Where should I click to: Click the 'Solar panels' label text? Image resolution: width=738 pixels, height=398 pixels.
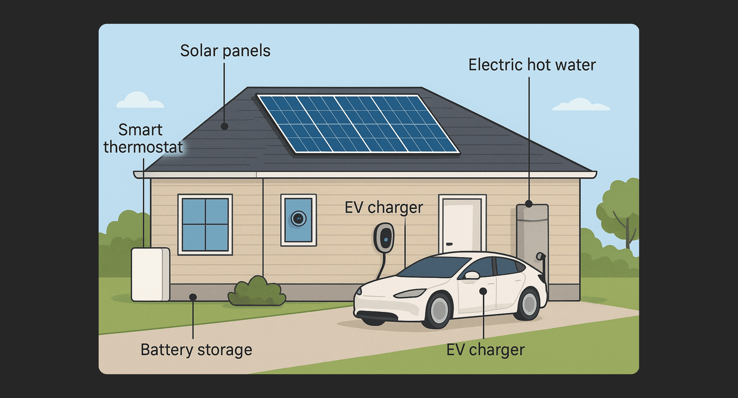(225, 51)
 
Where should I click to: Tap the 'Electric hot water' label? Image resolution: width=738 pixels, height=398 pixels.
(532, 65)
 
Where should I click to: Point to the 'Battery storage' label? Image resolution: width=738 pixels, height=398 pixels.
(196, 350)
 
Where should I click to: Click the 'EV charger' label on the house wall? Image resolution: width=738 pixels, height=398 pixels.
(383, 208)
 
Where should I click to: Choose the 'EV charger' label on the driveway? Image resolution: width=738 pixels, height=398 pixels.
(485, 350)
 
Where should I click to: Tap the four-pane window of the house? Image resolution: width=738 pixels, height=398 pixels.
(205, 224)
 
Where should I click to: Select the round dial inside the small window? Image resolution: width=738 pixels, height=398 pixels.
(298, 219)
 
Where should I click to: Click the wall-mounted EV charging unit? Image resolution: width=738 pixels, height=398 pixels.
(384, 238)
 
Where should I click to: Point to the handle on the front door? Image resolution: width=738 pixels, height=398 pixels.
(449, 244)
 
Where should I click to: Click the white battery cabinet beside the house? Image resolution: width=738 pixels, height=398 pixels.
(150, 275)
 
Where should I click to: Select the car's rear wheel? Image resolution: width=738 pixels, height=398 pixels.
(529, 304)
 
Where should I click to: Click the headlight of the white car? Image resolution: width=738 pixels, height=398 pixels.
(410, 293)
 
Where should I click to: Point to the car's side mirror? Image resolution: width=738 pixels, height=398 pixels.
(472, 275)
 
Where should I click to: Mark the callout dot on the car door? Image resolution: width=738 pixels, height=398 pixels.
(483, 291)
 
